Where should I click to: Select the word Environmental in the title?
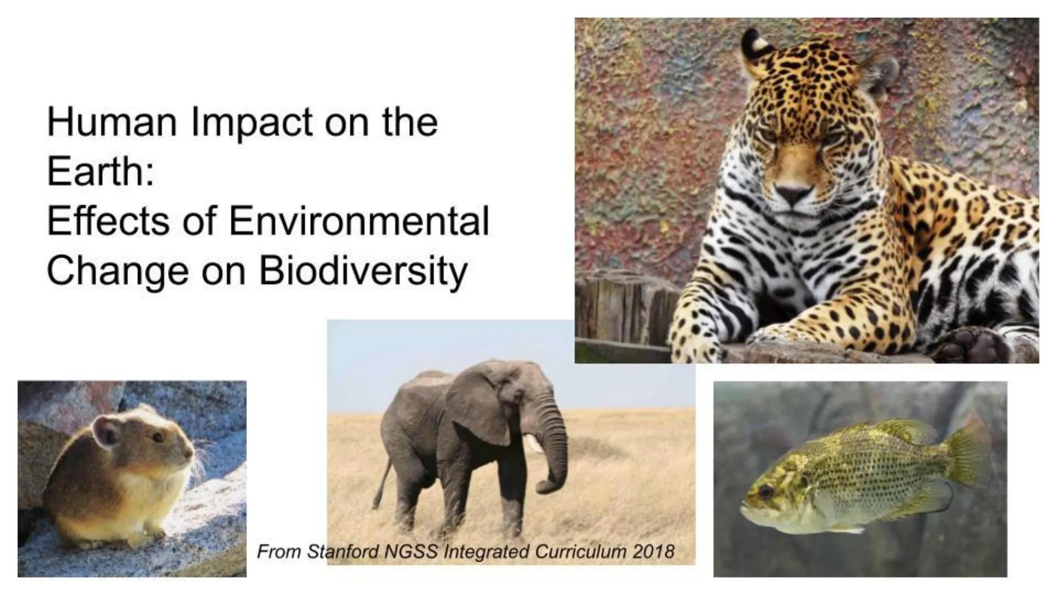click(x=358, y=221)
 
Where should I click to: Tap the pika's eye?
click(x=158, y=437)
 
